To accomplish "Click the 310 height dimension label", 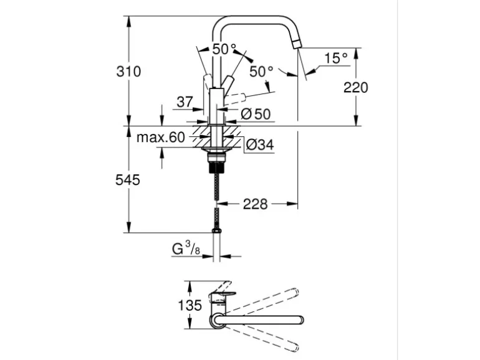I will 128,72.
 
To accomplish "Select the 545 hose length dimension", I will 127,181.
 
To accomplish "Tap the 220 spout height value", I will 356,87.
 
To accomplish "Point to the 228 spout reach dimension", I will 255,204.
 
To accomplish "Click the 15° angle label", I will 335,59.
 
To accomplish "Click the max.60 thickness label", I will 161,138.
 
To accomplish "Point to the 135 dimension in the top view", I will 190,306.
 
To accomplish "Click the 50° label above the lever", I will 224,49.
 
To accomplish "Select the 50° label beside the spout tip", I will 262,72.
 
